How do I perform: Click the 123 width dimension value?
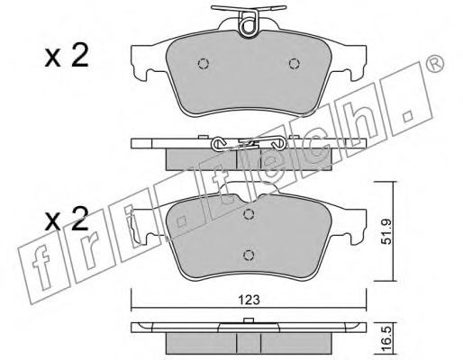coord(250,300)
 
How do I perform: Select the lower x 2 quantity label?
coord(67,219)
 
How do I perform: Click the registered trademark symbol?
coord(435,64)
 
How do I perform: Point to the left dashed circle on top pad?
coord(204,64)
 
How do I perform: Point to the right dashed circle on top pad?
coord(294,64)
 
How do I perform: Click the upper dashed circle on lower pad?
coord(249,214)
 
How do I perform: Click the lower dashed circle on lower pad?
coord(249,255)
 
